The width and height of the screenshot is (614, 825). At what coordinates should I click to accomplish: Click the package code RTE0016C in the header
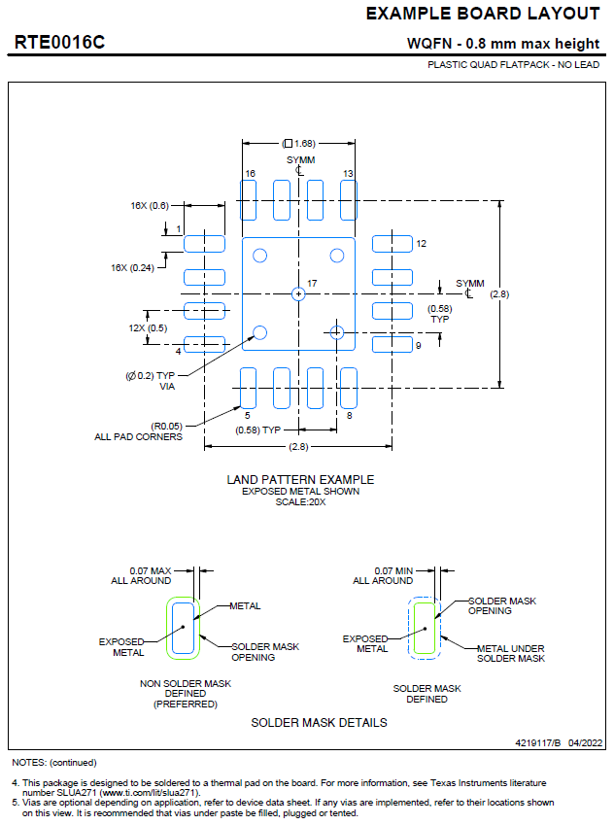click(x=59, y=43)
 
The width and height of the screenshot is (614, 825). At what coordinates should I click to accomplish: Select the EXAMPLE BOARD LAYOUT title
click(x=483, y=14)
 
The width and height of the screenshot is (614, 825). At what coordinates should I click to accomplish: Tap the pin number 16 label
click(x=251, y=173)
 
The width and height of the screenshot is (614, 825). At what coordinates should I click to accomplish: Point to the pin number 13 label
click(x=347, y=173)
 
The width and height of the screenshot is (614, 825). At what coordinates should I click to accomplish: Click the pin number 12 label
click(x=421, y=244)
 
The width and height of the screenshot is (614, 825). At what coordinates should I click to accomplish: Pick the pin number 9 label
click(x=418, y=345)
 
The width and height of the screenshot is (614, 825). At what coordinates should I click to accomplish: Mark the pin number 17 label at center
click(x=312, y=284)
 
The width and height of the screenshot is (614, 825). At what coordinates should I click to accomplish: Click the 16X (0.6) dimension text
click(x=150, y=206)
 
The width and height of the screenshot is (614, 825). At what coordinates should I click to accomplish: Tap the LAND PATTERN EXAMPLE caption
click(x=300, y=479)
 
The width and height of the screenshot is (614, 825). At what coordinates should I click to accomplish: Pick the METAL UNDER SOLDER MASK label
click(x=510, y=653)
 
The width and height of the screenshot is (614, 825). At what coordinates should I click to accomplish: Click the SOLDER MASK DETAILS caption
click(x=319, y=722)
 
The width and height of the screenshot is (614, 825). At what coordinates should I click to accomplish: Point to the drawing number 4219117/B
click(x=538, y=741)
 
